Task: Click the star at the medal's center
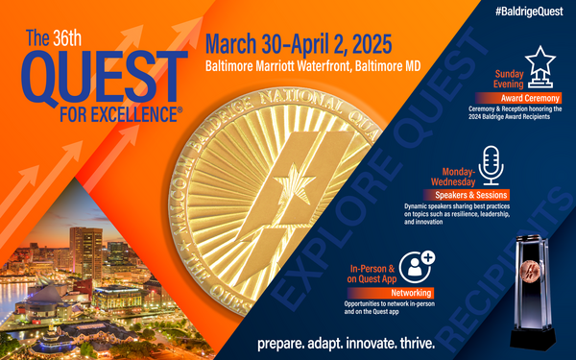click(x=286, y=182)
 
